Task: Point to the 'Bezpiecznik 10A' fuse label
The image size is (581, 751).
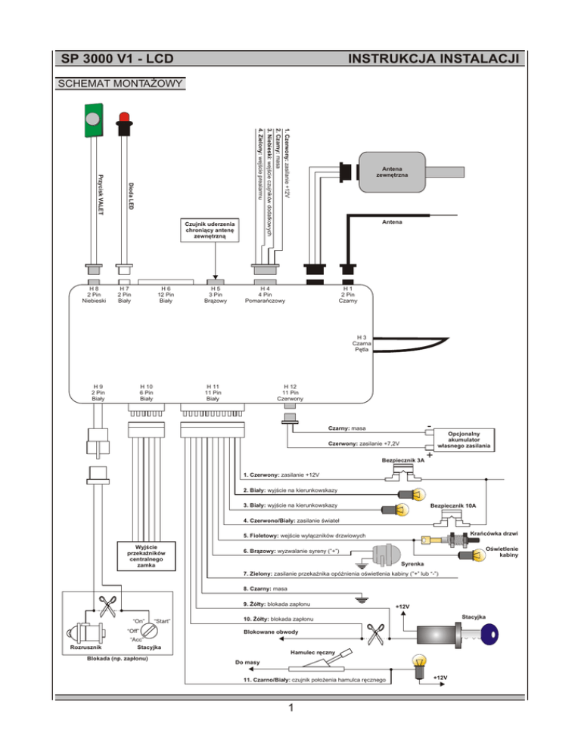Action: click(458, 506)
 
